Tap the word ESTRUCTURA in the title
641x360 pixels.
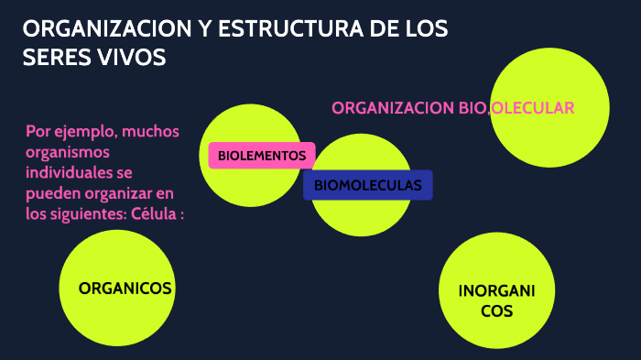point(287,29)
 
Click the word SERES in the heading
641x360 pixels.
point(54,57)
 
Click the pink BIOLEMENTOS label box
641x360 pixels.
point(262,156)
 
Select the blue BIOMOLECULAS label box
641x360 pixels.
point(367,185)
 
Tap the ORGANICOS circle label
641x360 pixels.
point(125,288)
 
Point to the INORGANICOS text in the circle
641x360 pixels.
point(496,301)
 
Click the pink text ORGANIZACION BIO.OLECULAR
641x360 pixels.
point(452,108)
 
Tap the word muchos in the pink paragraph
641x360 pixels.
point(153,131)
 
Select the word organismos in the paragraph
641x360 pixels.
point(68,152)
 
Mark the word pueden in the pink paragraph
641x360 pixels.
point(51,194)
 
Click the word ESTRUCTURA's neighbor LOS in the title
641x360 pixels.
point(427,29)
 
